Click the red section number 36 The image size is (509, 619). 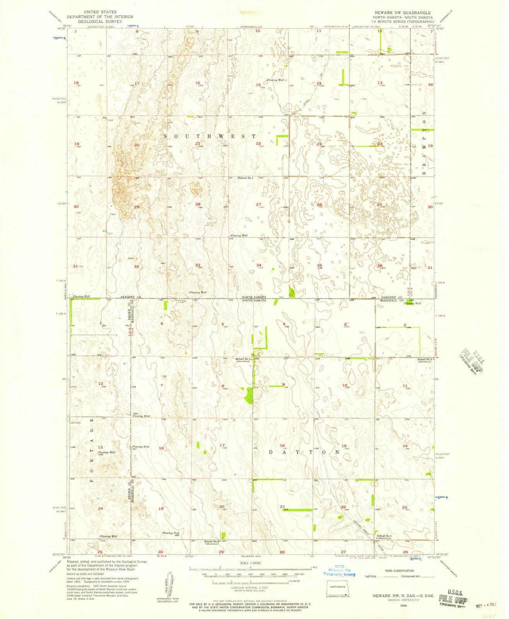(380, 265)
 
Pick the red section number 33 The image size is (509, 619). (198, 265)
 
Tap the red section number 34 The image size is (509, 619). (258, 265)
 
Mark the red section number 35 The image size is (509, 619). (319, 265)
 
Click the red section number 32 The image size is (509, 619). (137, 267)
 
